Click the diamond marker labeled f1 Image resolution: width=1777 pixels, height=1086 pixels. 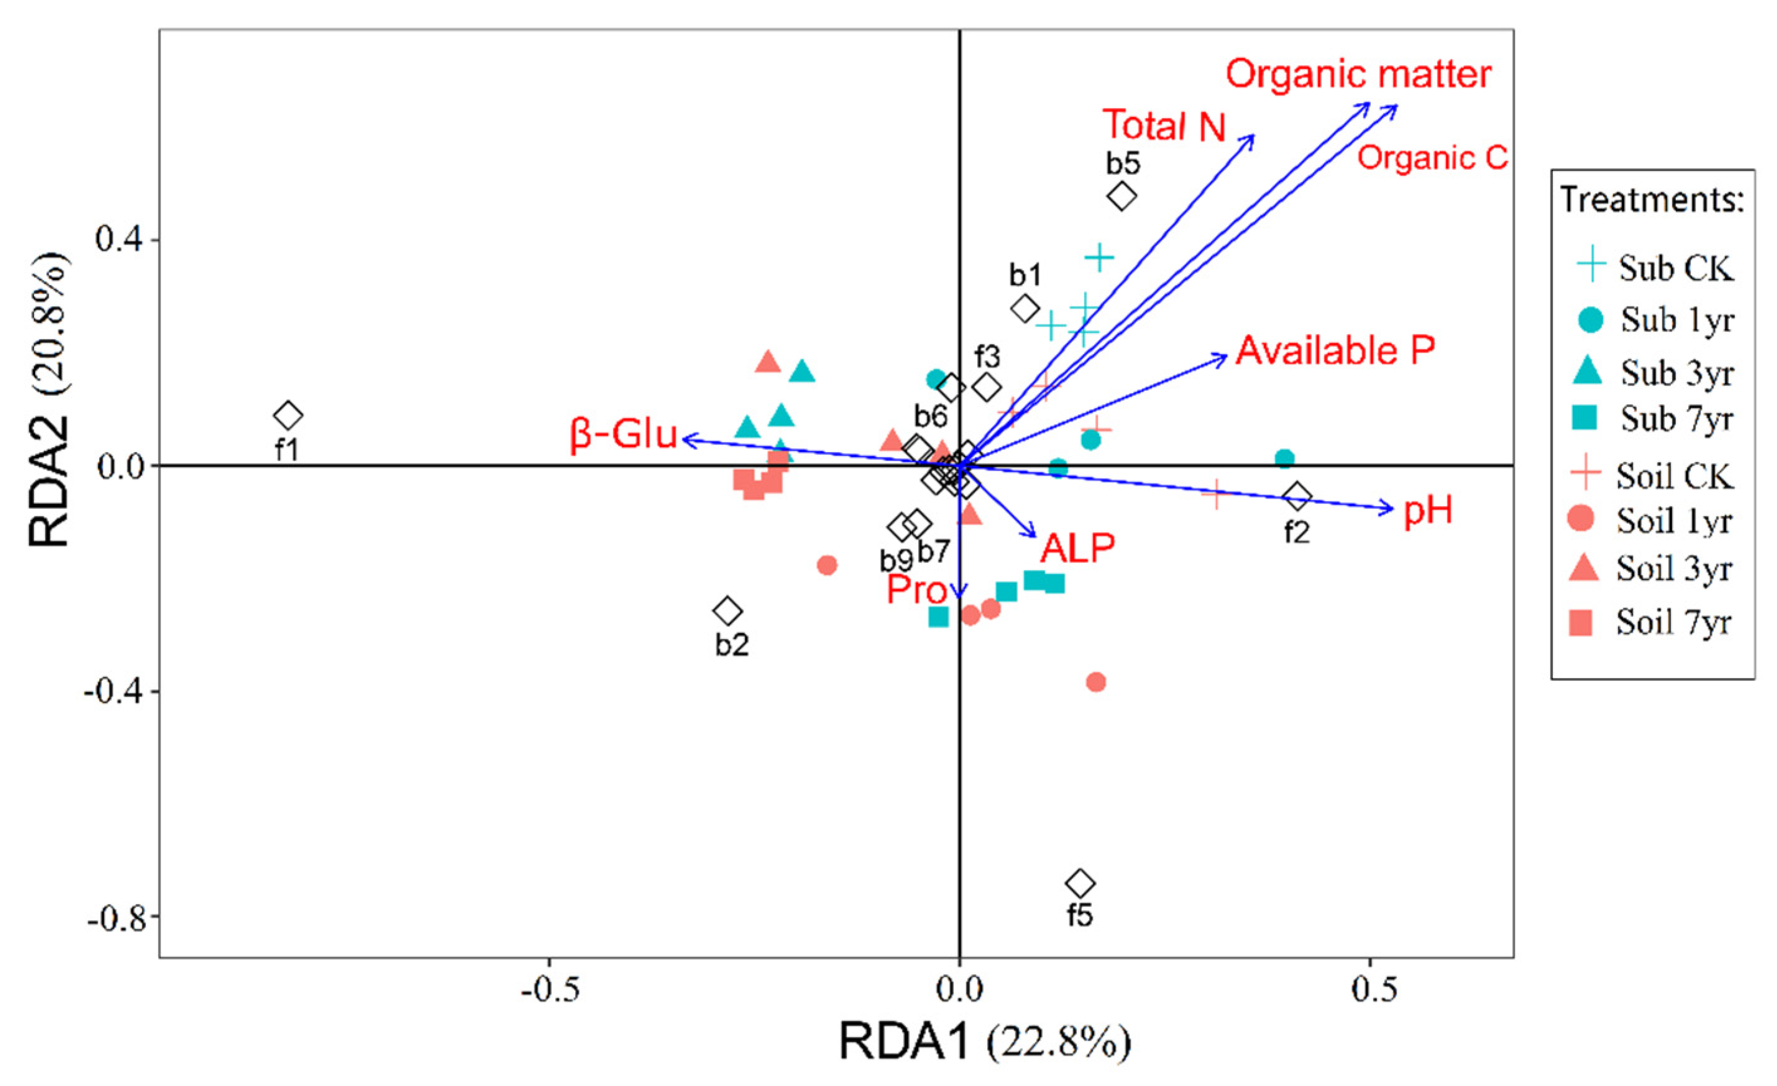tap(288, 416)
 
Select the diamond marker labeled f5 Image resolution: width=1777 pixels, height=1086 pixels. tap(1079, 883)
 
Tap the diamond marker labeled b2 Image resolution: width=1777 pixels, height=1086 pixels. tap(727, 611)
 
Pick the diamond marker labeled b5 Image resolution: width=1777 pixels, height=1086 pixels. tap(1121, 195)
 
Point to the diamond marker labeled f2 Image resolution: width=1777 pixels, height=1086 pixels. tap(1297, 496)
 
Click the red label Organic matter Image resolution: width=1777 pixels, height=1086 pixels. tap(1358, 74)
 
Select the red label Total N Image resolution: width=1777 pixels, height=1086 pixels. tap(1164, 126)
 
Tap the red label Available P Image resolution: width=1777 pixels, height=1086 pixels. tap(1335, 351)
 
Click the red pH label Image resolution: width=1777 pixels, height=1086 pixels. tap(1427, 511)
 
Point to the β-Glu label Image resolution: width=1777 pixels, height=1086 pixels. tap(623, 435)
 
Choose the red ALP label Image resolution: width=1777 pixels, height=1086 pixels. tap(1077, 548)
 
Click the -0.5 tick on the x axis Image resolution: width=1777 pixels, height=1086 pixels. tap(549, 990)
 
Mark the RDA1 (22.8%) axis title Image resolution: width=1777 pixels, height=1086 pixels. tap(985, 1042)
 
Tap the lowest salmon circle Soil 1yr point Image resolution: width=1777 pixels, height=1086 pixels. tap(1096, 682)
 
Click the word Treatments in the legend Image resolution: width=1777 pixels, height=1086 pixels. tap(1651, 200)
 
